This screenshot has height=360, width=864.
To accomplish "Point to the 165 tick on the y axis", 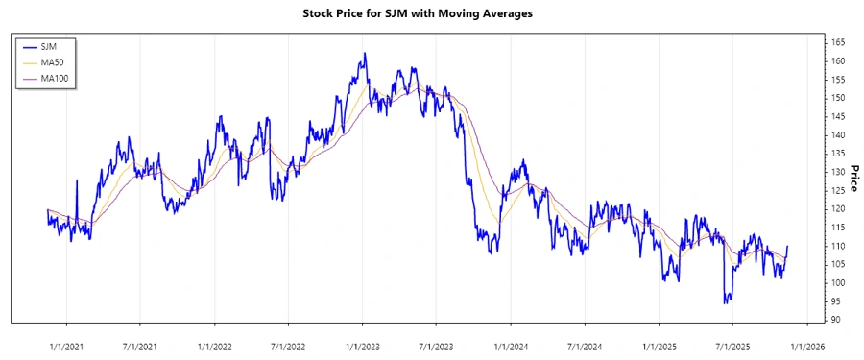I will click(x=838, y=43).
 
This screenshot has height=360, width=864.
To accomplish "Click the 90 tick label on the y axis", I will click(x=836, y=320).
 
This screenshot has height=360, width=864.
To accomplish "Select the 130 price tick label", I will click(x=838, y=172).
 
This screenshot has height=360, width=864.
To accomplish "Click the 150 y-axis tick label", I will click(x=838, y=98).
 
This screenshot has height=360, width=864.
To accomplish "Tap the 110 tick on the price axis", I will click(x=838, y=246).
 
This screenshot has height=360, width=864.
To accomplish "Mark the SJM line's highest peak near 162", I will click(x=365, y=54).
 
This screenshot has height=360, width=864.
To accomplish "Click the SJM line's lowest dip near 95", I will click(x=725, y=302).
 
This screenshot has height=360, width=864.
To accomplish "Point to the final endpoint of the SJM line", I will click(x=787, y=247).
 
